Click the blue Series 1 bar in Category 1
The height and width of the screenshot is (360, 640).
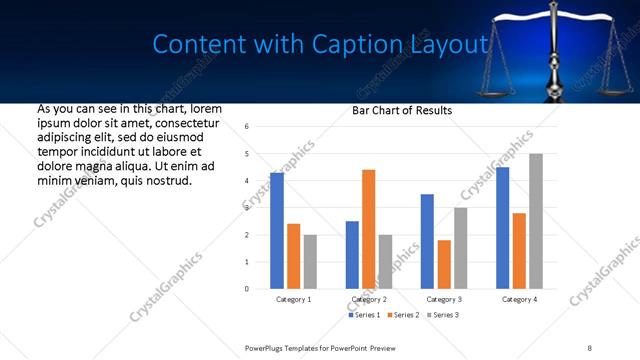277,231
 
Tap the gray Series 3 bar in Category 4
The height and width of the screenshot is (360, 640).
536,221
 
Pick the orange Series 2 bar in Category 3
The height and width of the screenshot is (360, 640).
444,264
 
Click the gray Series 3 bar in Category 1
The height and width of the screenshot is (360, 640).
310,262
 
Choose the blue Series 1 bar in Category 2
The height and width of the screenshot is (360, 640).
352,255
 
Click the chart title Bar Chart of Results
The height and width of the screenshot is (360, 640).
402,110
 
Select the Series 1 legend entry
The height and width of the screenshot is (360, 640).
364,315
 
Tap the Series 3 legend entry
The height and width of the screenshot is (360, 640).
444,315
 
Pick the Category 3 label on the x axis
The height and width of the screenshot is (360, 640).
444,299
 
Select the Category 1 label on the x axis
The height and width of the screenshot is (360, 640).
293,299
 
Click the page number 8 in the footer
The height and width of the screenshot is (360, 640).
589,347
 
